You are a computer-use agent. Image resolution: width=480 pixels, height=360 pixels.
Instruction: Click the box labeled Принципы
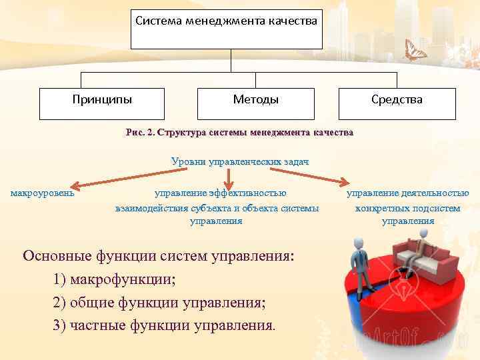102,100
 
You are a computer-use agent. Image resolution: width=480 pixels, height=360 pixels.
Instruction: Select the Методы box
256,100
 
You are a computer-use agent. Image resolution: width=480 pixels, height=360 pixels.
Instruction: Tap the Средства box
397,100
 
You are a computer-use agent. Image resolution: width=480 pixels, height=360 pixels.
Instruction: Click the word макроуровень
42,193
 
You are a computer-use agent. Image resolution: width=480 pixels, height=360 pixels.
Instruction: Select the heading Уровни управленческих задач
240,161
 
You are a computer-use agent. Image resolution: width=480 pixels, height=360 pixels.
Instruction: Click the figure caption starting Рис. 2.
239,133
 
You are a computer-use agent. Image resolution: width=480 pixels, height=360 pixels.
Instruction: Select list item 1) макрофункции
114,279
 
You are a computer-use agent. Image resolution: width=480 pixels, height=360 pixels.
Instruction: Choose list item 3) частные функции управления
163,325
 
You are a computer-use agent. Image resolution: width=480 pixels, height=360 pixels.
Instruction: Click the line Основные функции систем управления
158,256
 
